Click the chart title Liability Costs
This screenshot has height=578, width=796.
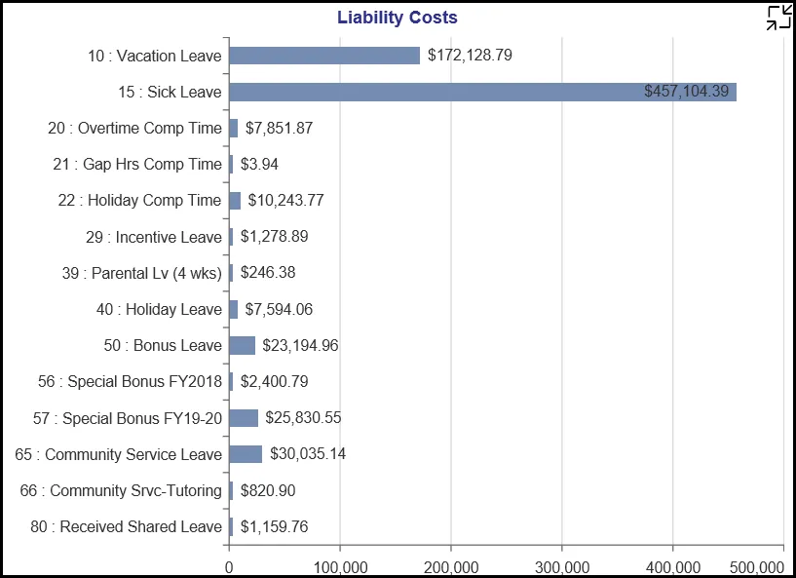pyautogui.click(x=398, y=18)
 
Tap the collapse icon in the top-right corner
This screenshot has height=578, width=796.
pyautogui.click(x=778, y=17)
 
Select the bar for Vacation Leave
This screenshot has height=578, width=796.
pyautogui.click(x=324, y=56)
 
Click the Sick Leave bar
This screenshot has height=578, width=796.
pyautogui.click(x=482, y=92)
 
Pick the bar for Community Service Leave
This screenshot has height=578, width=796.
pyautogui.click(x=246, y=454)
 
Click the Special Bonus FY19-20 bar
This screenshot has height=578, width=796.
pyautogui.click(x=244, y=418)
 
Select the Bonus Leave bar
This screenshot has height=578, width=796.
pyautogui.click(x=242, y=345)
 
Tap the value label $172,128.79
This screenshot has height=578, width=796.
pyautogui.click(x=470, y=56)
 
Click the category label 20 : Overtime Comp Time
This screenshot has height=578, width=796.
pyautogui.click(x=134, y=128)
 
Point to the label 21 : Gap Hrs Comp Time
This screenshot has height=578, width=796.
pyautogui.click(x=137, y=164)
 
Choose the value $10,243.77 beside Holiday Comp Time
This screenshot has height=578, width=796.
pyautogui.click(x=285, y=200)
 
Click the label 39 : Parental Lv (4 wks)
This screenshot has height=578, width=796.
pyautogui.click(x=142, y=273)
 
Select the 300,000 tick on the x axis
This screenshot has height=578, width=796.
pyautogui.click(x=562, y=566)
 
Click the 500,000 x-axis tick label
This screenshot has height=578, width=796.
pyautogui.click(x=757, y=566)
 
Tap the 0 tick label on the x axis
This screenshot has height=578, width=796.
pyautogui.click(x=229, y=566)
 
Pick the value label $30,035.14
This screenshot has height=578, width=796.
pyautogui.click(x=308, y=454)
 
